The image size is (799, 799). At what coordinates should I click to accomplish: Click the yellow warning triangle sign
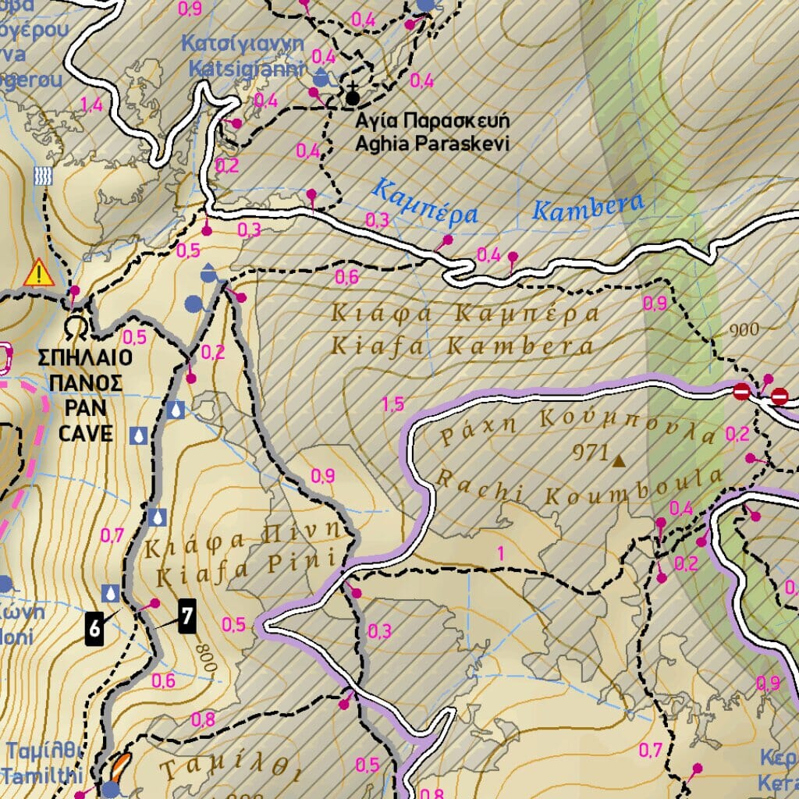coord(37,274)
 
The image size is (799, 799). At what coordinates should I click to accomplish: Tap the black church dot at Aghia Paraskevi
coord(353,98)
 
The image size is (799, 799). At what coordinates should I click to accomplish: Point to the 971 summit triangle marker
coord(620,462)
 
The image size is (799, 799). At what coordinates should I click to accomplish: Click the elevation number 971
coord(589,452)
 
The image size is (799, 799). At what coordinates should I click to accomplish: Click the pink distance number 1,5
coord(392,403)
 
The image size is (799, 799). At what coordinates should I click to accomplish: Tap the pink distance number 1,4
coord(91,105)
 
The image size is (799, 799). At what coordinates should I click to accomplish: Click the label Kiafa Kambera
coord(462,346)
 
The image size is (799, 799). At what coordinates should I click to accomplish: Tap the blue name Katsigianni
coord(246,69)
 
